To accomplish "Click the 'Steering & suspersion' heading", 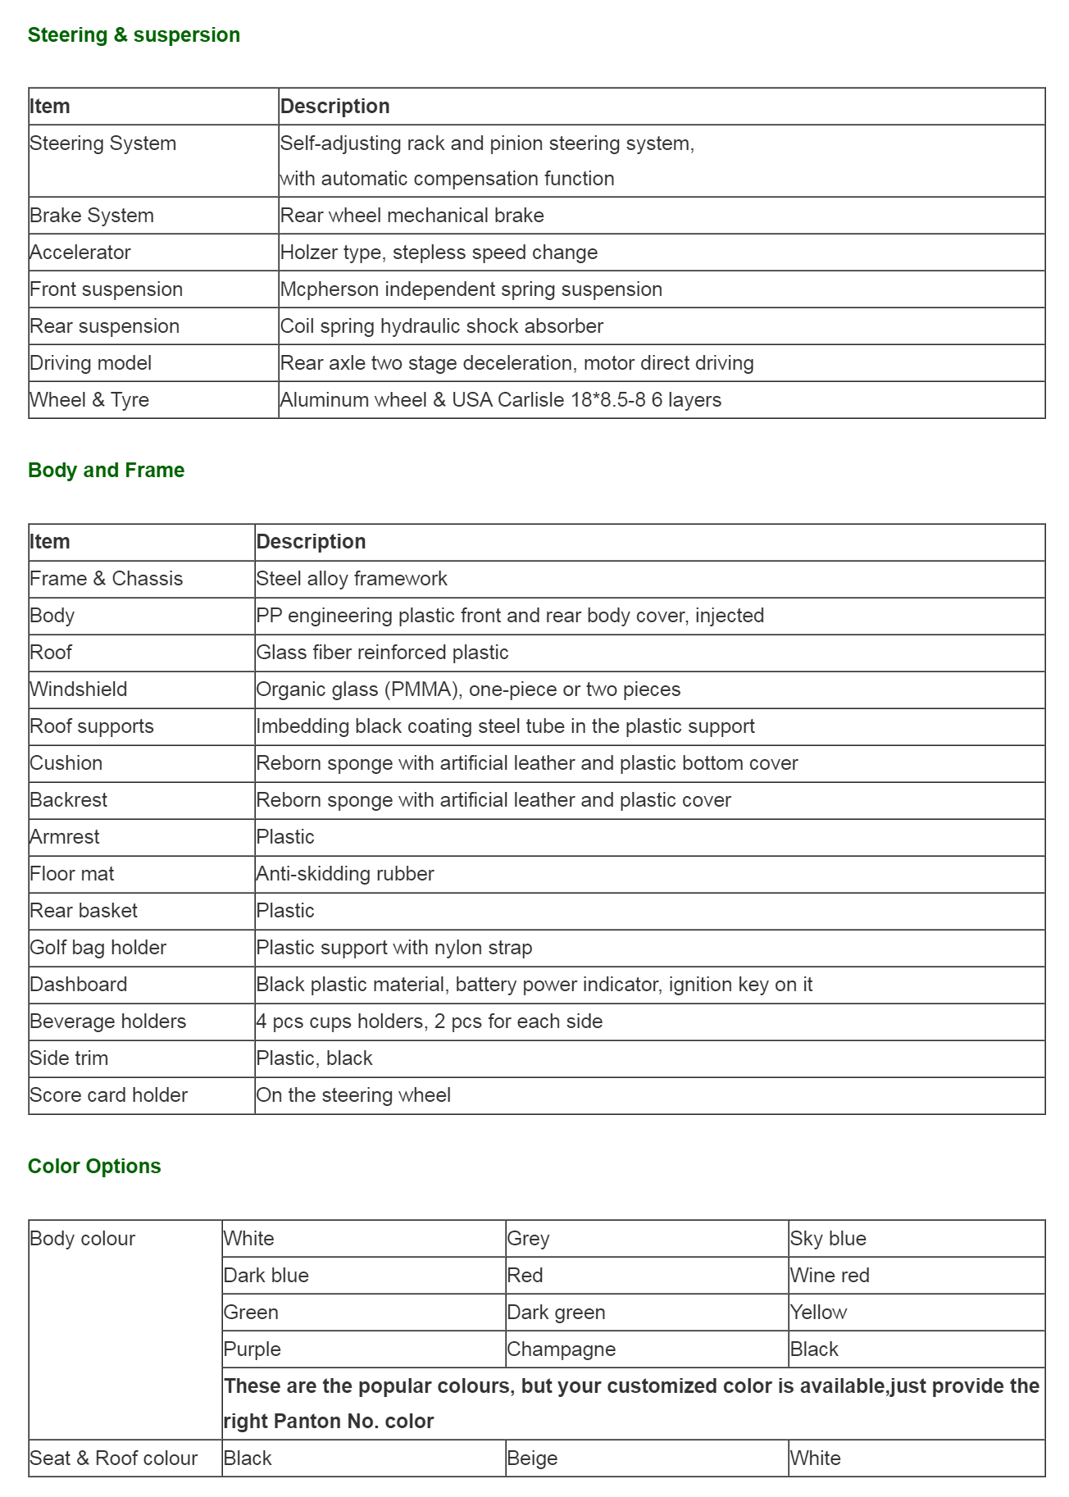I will (x=134, y=35).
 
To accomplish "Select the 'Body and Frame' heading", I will (x=106, y=471).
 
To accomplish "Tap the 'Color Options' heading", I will (x=94, y=1167).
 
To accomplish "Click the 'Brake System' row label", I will (x=92, y=216).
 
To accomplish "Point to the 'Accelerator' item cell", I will (x=80, y=253).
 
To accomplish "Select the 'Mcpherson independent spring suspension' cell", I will (x=471, y=289).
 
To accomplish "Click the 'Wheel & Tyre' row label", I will (x=89, y=400).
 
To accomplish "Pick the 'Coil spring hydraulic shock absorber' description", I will (x=441, y=326).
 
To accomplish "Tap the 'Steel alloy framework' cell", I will (x=352, y=579).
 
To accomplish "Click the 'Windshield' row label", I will (x=79, y=689).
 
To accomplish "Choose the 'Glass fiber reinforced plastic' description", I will (x=382, y=653).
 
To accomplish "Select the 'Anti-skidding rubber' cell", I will (x=345, y=874).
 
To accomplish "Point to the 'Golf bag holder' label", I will (x=98, y=948).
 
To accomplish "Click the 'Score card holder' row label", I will (x=109, y=1095).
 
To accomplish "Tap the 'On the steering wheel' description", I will (x=353, y=1095).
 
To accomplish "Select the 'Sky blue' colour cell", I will (x=828, y=1239).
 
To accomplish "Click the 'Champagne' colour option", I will (x=561, y=1349).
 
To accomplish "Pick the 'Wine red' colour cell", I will (x=830, y=1276).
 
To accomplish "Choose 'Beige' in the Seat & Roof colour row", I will (x=532, y=1458).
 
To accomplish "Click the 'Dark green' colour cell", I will (x=556, y=1313).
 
